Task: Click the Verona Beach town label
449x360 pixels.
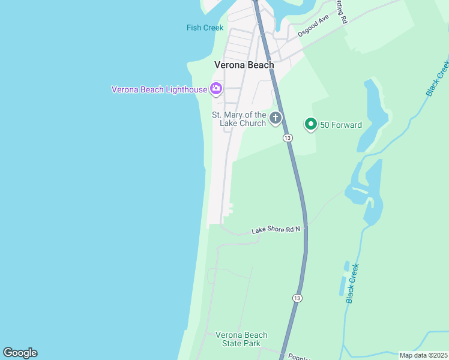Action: click(x=244, y=65)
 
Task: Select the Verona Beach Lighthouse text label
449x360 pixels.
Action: click(x=159, y=89)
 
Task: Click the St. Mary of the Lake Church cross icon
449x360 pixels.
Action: click(x=276, y=118)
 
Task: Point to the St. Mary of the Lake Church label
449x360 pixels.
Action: click(x=239, y=119)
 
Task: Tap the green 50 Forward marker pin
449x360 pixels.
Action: click(x=311, y=124)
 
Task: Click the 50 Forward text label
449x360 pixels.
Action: click(x=340, y=125)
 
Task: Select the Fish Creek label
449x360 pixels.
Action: click(x=205, y=28)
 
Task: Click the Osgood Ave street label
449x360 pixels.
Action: click(x=313, y=25)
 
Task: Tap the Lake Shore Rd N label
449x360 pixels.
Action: click(x=276, y=230)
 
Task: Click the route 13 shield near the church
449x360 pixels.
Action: click(x=288, y=138)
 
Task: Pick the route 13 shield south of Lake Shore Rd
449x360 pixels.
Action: click(x=298, y=298)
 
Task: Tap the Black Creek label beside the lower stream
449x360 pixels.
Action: click(x=352, y=283)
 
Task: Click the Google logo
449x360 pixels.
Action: click(x=20, y=353)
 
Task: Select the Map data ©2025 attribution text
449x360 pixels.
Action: click(x=424, y=355)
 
